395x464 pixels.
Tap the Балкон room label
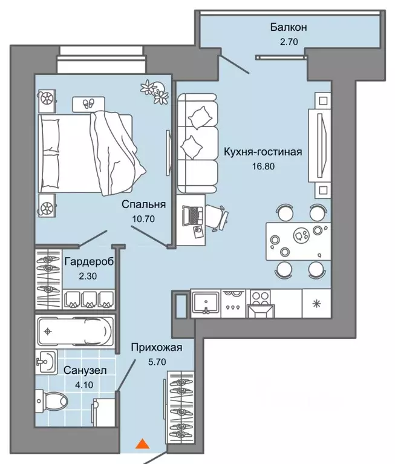pos(289,27)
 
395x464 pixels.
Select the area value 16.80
pos(263,166)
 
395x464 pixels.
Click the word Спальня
pos(143,204)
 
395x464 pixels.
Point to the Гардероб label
pos(89,261)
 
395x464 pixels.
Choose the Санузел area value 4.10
pos(84,385)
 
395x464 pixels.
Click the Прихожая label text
pos(157,347)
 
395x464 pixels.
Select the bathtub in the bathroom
pos(75,331)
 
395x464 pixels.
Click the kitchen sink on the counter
pos(206,302)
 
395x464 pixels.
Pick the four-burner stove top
pos(260,298)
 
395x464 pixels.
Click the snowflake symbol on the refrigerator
pos(316,304)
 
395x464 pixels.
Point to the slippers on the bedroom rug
pos(88,103)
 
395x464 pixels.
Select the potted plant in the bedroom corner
pos(155,92)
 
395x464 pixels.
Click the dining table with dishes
pos(298,241)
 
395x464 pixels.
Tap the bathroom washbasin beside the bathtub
pos(46,362)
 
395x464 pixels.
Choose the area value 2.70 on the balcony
pos(289,42)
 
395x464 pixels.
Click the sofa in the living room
pos(198,143)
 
